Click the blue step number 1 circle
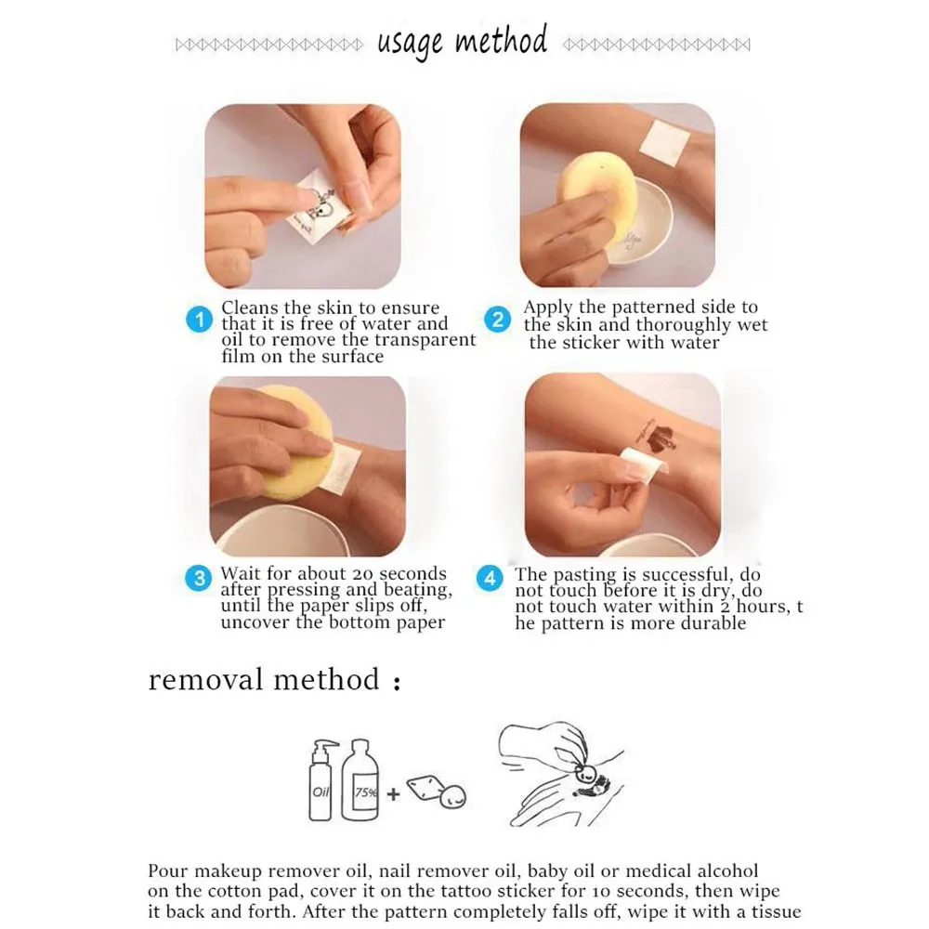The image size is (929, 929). coord(199,320)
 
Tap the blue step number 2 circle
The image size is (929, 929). coord(498,320)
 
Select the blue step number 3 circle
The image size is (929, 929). coord(199,578)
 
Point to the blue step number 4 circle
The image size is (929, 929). coord(490,579)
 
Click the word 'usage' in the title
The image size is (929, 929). coord(410,44)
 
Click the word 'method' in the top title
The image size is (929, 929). coord(501,40)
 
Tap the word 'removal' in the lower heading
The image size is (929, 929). coord(204,679)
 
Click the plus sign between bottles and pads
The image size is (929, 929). coord(393,794)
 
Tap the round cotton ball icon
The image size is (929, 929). coord(453,797)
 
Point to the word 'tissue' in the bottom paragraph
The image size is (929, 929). coord(777,911)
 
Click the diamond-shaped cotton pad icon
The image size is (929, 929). coord(425,787)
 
